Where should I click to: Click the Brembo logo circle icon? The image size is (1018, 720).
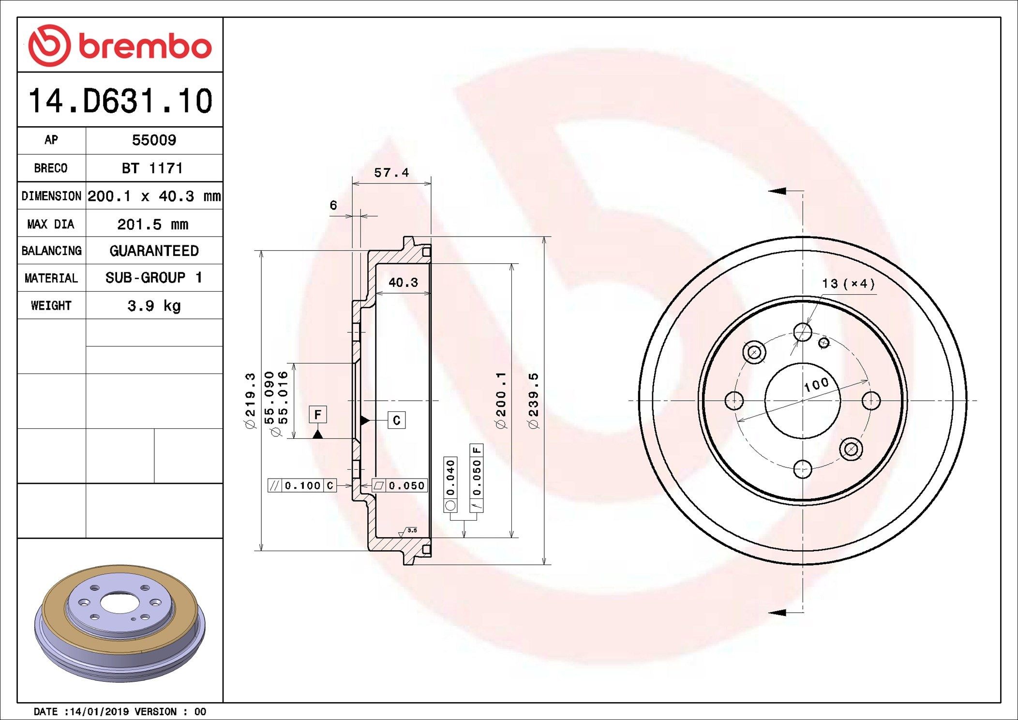coord(49,45)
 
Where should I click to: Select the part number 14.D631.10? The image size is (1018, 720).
coord(120,101)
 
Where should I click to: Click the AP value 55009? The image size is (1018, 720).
coord(154,140)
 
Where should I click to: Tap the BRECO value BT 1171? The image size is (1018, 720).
coord(152,168)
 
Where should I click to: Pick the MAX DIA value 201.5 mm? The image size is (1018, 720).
coord(153,224)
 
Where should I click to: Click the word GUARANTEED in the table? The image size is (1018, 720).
coord(154,251)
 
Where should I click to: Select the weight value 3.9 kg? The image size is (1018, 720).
coord(154,306)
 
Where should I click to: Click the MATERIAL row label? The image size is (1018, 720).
coord(51,278)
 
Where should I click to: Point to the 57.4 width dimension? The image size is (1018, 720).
coord(391,173)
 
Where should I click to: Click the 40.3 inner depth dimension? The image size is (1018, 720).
coord(403,283)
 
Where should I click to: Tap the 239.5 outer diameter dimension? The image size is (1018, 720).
coord(533,401)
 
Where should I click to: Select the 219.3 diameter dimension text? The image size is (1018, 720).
coord(250,401)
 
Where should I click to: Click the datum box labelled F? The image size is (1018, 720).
coord(317,415)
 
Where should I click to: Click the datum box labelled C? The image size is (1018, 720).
coord(396,420)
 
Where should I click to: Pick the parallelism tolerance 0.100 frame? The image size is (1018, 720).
coord(302,485)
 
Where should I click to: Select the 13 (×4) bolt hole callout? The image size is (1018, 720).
coord(848,284)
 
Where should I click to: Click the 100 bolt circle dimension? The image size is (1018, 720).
coord(816,385)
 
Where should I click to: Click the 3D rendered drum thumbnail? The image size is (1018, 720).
coord(120,623)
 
